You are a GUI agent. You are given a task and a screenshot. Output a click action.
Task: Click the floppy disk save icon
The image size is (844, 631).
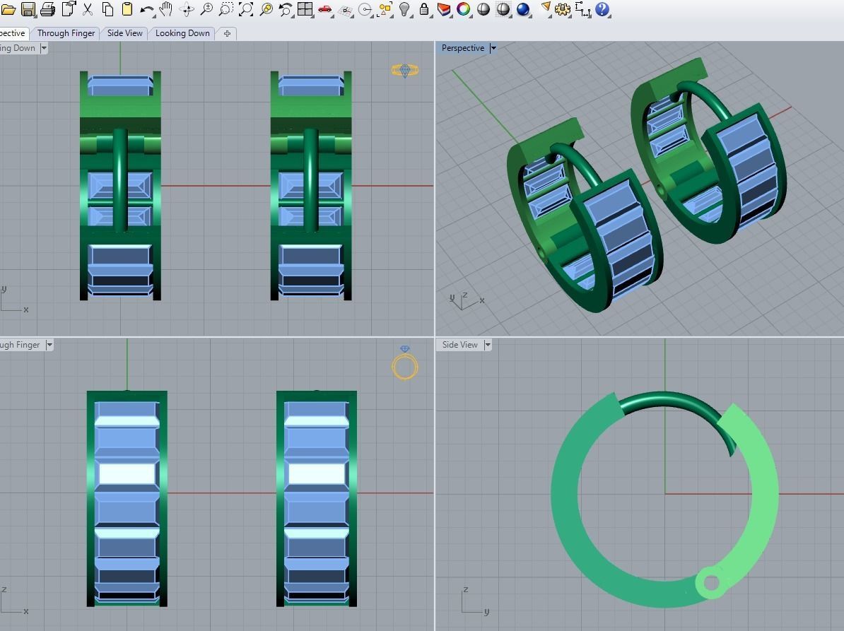[28, 9]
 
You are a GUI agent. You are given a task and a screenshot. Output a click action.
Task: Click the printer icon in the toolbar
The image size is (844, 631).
[48, 9]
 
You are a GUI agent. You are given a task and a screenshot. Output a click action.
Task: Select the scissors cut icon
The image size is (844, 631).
[88, 9]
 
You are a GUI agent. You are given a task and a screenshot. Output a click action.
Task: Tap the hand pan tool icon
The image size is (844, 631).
[167, 9]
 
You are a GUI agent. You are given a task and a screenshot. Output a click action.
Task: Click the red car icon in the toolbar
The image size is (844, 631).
[325, 9]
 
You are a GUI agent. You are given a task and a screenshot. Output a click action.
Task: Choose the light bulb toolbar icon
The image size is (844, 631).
[405, 9]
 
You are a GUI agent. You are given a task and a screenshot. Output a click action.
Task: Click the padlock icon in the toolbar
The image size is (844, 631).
[424, 9]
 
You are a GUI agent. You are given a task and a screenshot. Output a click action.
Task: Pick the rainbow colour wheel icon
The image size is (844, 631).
[464, 9]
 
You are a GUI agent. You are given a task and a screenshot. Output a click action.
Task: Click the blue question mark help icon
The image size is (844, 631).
[603, 9]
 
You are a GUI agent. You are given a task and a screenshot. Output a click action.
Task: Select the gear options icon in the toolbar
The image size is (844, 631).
[563, 9]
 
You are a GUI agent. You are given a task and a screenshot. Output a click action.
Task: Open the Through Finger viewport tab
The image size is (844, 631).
[66, 33]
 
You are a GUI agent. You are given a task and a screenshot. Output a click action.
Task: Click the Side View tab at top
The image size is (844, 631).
[125, 33]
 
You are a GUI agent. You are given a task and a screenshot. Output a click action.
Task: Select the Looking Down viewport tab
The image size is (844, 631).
[182, 33]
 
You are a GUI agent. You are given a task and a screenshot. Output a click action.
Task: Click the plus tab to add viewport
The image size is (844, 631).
[227, 33]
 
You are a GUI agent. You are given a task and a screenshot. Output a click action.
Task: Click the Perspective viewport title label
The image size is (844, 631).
[463, 48]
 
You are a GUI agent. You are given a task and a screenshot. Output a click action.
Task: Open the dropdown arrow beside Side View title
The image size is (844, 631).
[488, 345]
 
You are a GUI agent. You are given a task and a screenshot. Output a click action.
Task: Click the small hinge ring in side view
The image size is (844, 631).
[711, 583]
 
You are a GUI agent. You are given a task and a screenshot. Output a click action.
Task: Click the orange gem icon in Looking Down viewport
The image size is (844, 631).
[404, 70]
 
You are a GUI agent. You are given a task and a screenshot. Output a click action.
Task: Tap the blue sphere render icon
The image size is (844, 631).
[523, 9]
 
